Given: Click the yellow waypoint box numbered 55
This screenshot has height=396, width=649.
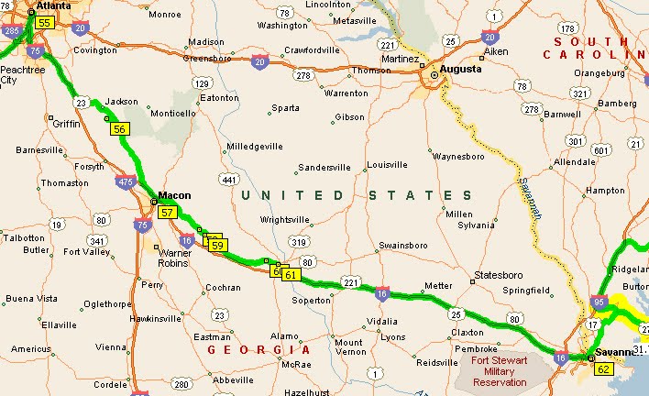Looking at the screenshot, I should tap(45, 22).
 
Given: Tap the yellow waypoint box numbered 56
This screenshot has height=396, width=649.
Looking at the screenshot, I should tap(119, 130).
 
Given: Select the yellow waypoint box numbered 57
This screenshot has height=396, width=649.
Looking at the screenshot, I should tap(167, 213).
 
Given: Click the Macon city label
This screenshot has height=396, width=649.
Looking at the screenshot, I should tap(174, 195).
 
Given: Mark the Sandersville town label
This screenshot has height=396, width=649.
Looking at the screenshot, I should tap(324, 168).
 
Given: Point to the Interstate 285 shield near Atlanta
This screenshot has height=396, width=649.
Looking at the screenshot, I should tap(11, 31).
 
